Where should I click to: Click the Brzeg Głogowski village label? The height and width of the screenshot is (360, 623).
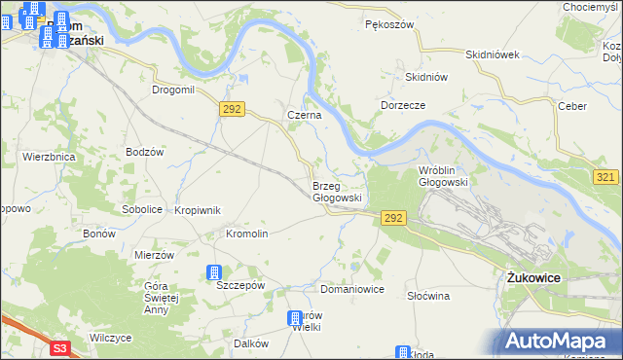tap(337, 191)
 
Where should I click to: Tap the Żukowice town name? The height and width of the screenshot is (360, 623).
tap(533, 277)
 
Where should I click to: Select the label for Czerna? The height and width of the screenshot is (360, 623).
tap(303, 114)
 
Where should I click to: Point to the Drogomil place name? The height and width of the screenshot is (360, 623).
tap(173, 90)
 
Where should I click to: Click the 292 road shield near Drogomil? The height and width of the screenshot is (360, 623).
tap(231, 109)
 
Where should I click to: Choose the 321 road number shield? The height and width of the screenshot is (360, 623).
tap(605, 175)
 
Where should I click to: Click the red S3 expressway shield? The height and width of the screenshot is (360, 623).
tap(61, 347)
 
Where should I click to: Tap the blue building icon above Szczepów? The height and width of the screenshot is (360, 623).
tap(214, 273)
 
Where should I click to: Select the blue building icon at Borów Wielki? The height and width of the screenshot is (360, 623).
tap(295, 318)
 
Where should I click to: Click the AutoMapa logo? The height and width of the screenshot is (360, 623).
tap(559, 342)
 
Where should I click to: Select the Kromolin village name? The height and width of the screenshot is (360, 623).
tap(246, 234)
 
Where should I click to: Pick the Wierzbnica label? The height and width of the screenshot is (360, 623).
tap(49, 156)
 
